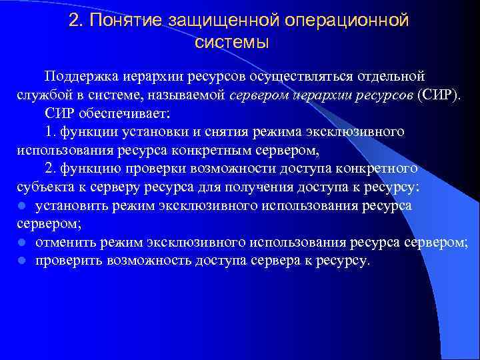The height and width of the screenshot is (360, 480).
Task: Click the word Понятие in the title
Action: (125, 21)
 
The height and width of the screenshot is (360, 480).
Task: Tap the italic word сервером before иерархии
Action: (259, 94)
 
